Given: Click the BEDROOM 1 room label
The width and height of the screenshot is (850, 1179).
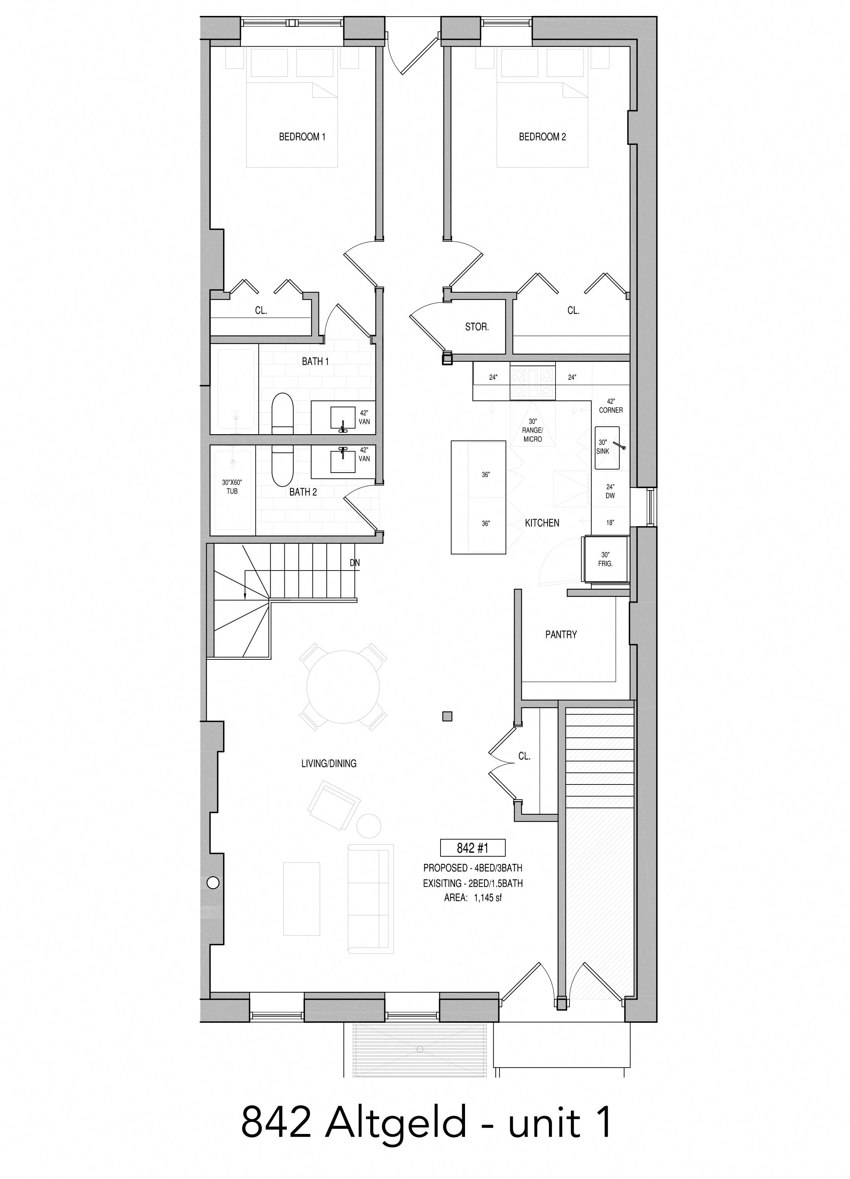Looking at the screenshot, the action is tap(302, 137).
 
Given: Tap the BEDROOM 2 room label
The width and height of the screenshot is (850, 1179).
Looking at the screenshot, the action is tap(542, 137).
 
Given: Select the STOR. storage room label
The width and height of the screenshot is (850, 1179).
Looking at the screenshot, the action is tap(477, 327).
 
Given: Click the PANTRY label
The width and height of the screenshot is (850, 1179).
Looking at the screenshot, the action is tap(561, 634).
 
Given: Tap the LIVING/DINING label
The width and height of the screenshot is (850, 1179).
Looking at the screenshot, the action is tap(329, 763).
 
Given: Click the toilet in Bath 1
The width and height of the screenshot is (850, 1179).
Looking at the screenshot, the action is tap(283, 414).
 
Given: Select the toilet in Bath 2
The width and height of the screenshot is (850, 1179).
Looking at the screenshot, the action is tap(283, 465).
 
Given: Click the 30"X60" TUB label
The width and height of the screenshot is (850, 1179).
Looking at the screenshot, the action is tap(232, 487).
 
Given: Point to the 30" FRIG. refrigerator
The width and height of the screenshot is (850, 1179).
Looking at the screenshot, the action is tap(606, 559).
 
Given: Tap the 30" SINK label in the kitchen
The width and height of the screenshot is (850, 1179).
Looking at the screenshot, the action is tap(603, 447).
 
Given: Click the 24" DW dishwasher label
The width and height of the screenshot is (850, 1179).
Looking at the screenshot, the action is tap(610, 491).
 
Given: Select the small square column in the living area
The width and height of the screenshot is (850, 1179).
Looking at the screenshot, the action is tap(447, 716).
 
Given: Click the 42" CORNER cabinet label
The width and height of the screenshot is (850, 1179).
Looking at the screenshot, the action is tap(611, 406).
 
